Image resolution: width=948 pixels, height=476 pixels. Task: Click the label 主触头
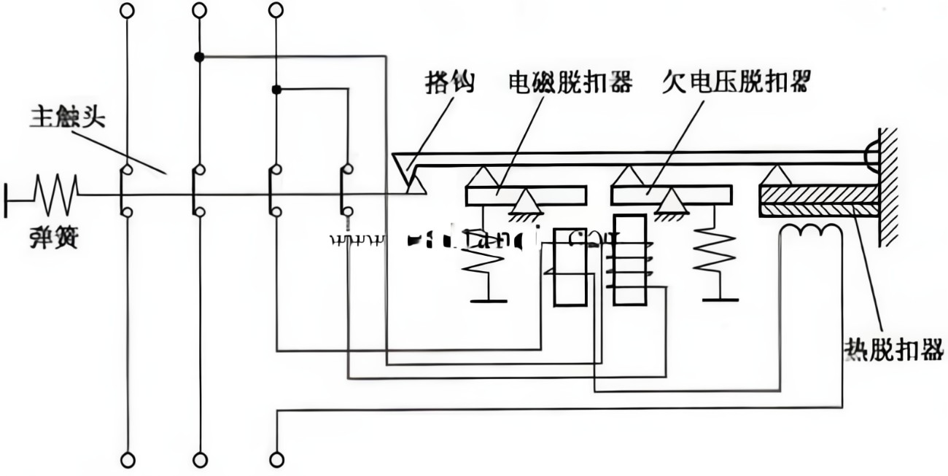click(67, 117)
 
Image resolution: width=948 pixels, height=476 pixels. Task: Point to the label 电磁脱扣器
click(570, 82)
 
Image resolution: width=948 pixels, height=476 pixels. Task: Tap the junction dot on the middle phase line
click(199, 56)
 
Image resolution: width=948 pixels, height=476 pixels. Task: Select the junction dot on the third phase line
click(276, 90)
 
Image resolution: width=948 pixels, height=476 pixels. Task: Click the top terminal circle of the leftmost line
click(128, 10)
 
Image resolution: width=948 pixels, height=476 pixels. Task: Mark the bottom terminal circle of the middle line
click(199, 460)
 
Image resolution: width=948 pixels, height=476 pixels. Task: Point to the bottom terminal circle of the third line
click(276, 460)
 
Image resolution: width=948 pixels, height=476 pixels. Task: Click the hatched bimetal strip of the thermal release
click(818, 201)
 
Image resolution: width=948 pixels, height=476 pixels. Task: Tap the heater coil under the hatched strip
click(811, 231)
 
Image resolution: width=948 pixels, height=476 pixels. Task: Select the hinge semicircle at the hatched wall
click(872, 155)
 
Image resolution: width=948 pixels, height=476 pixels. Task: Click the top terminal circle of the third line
click(276, 10)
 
